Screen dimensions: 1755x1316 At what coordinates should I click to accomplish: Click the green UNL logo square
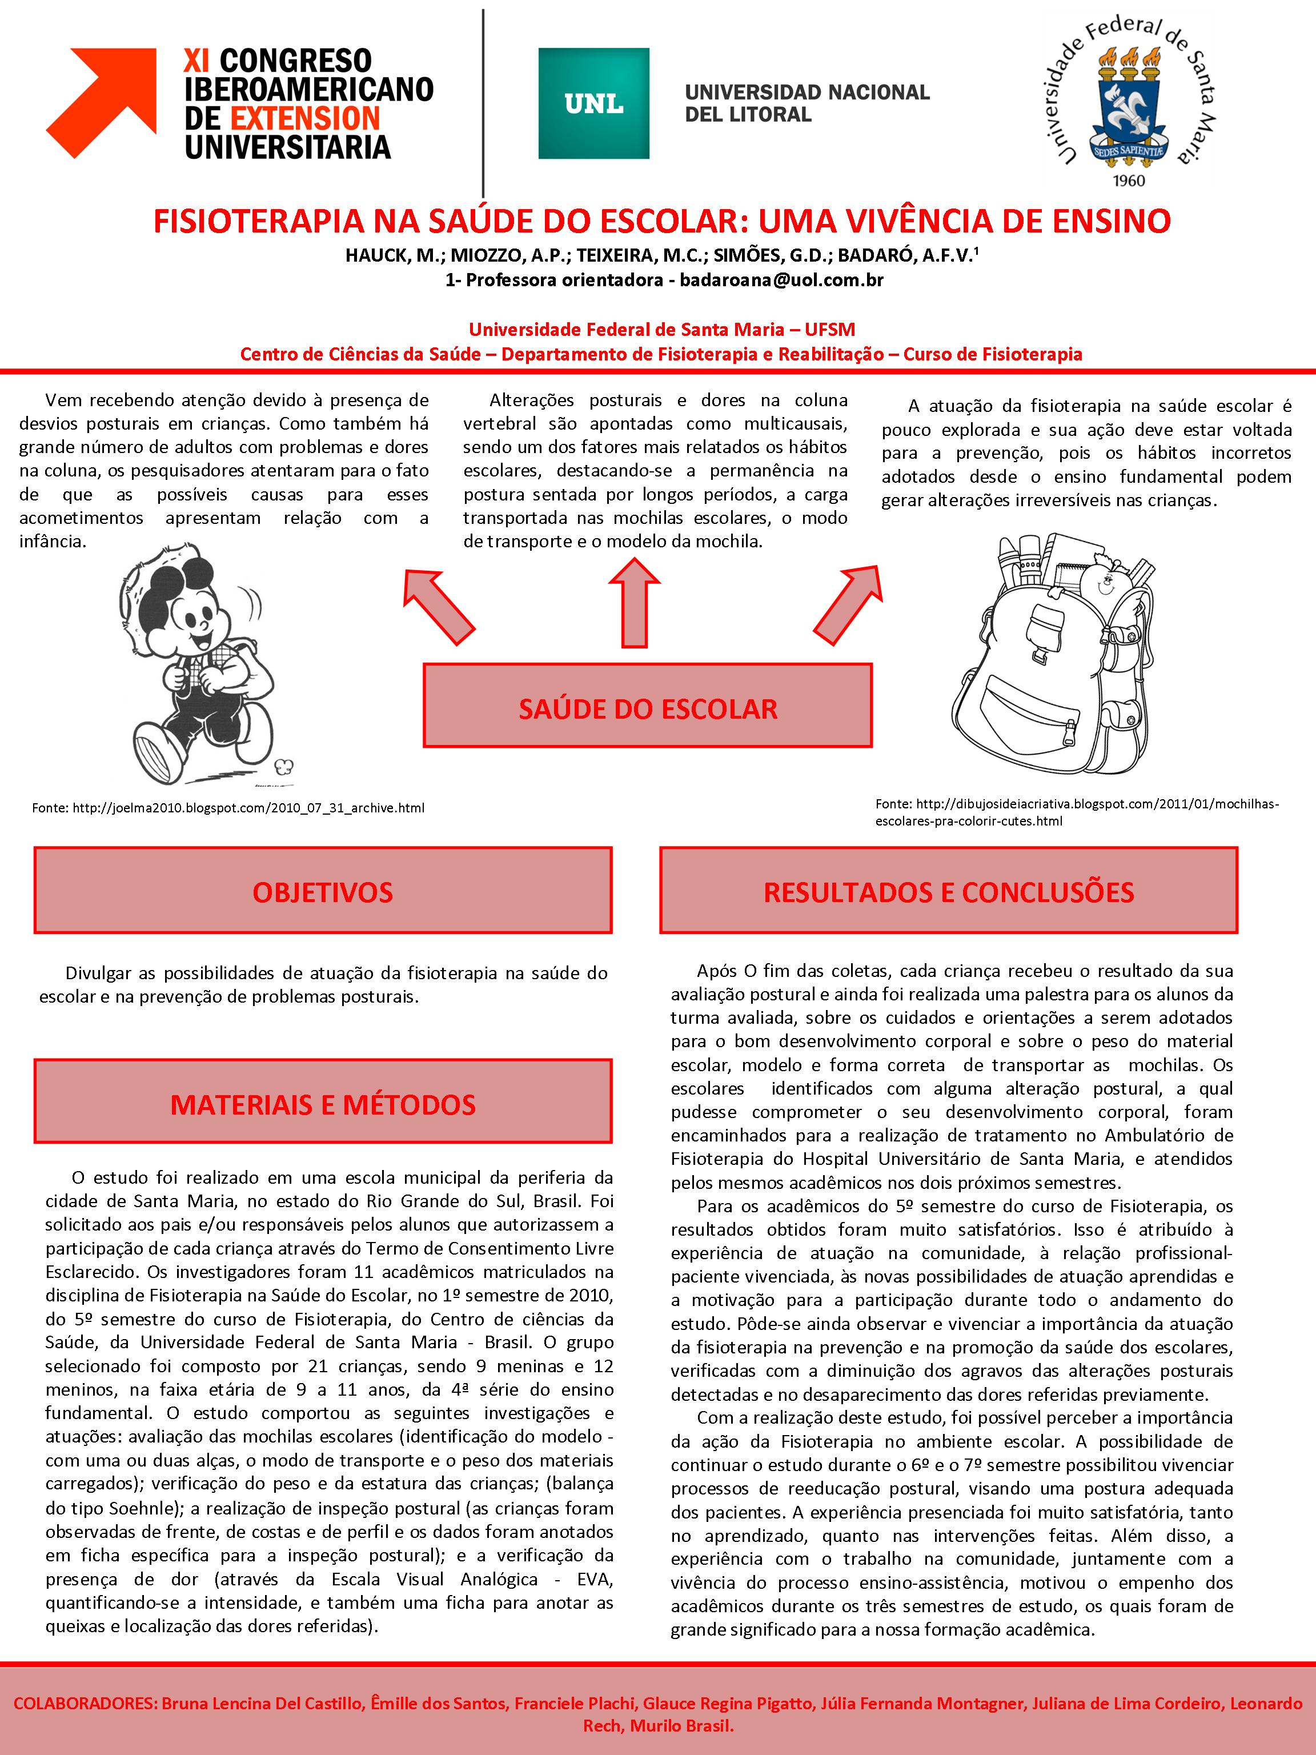(593, 103)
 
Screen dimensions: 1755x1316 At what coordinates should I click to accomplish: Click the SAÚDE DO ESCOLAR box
(647, 706)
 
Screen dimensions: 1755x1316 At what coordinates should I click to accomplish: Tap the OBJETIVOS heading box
(323, 891)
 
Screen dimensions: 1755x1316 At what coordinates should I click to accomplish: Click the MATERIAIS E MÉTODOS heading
(323, 1104)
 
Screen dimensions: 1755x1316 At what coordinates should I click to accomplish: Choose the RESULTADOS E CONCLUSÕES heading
(948, 891)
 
